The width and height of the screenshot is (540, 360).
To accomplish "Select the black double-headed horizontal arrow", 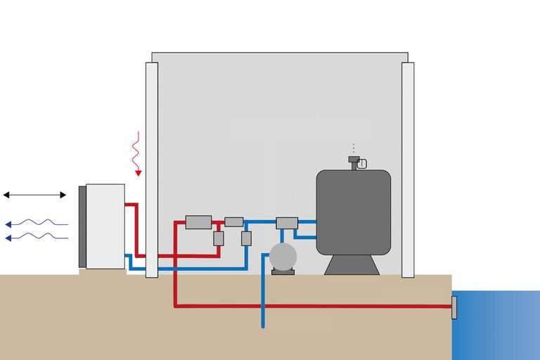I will [x=34, y=195].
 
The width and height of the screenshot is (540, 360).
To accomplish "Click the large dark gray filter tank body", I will [x=353, y=211].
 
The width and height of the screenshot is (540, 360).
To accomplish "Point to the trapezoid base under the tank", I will [x=352, y=264].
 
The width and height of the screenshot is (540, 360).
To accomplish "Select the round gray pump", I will [x=283, y=257].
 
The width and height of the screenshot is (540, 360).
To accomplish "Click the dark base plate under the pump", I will [x=283, y=272].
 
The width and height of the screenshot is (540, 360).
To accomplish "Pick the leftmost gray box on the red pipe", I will [x=198, y=222].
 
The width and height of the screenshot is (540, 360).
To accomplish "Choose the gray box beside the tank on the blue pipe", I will [x=287, y=223].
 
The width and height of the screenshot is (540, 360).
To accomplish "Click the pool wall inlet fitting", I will [x=454, y=307].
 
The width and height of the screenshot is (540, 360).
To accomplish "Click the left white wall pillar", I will [x=152, y=169].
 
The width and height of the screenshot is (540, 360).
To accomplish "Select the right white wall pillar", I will [x=408, y=169].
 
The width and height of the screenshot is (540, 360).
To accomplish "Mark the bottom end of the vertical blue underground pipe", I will [x=263, y=326].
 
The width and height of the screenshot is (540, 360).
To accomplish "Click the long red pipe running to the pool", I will [x=316, y=306].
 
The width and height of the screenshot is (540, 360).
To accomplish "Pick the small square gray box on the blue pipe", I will [x=246, y=238].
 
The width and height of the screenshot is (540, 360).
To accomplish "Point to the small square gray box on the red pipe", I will [x=219, y=238].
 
